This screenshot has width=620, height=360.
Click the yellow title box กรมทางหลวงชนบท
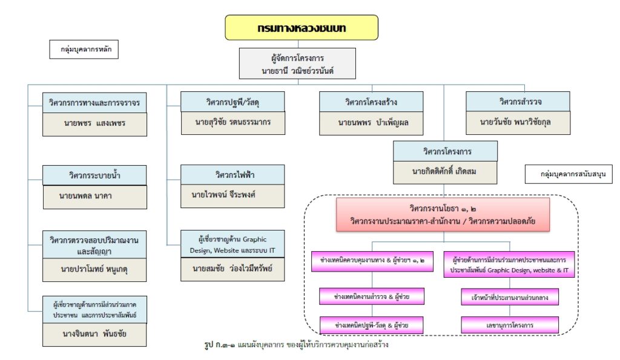pos(302,28)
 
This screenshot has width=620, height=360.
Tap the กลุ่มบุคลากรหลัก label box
pos(84,49)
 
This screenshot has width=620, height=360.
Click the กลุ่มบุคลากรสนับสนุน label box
pos(568,174)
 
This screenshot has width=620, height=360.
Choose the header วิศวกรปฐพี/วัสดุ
pos(232,100)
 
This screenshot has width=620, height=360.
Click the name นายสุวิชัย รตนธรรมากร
pos(232,122)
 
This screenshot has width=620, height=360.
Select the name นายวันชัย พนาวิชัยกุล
pos(517,123)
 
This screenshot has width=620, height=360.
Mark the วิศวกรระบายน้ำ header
pos(95,175)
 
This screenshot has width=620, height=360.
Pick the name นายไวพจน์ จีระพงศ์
pos(232,196)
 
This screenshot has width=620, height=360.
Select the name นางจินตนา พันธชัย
pos(95,334)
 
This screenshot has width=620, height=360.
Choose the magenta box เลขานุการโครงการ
pos(509,325)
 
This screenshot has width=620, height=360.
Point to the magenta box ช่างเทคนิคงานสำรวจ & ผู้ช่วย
pos(372,296)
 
